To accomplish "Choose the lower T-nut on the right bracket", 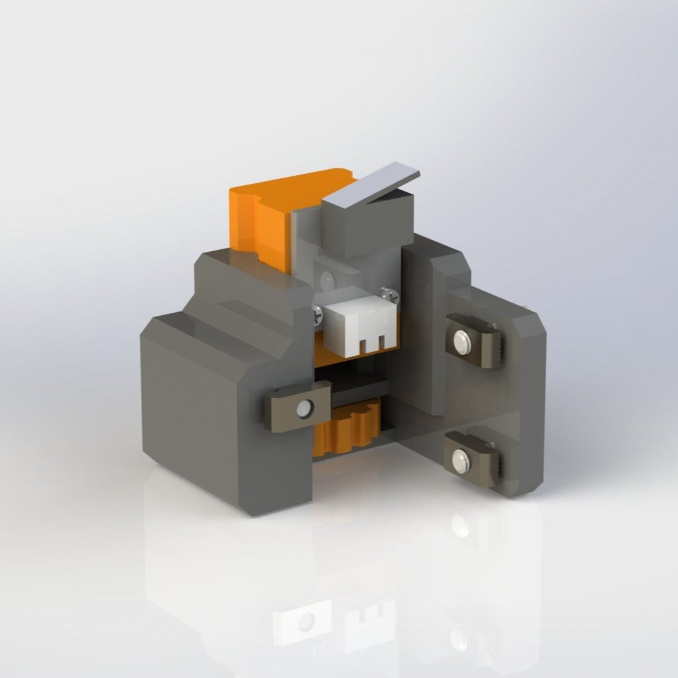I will (x=475, y=459).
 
